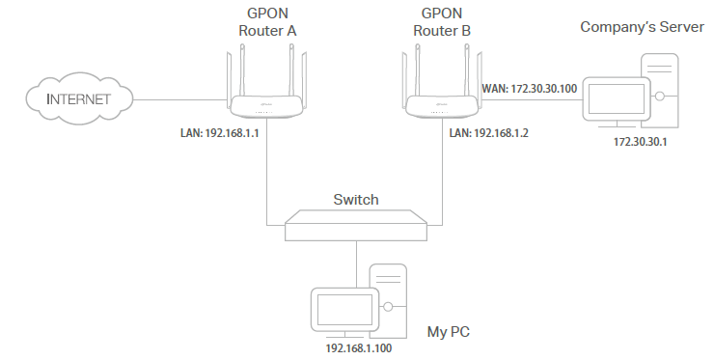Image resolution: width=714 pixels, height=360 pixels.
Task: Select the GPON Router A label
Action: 267,22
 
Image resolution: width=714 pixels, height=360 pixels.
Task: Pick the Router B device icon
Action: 440,102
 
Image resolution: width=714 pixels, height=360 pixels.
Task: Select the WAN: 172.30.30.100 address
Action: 529,89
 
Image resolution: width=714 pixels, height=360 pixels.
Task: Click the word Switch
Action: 356,200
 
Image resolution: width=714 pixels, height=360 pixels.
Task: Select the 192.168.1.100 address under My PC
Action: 358,346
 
